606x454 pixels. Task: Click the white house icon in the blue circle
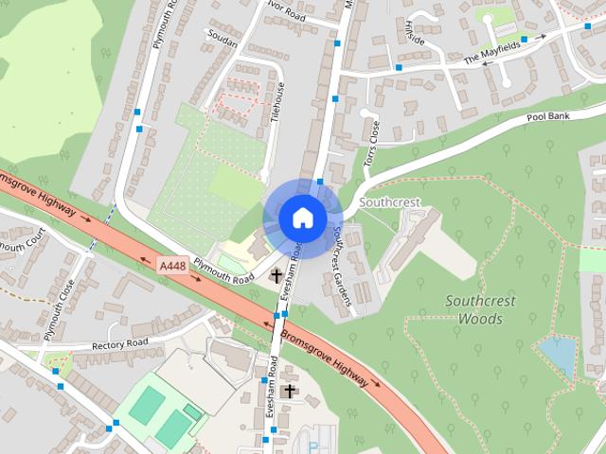[x=302, y=218]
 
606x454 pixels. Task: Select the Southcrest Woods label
[x=480, y=310]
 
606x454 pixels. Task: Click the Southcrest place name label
[x=388, y=203]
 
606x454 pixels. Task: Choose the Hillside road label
[x=415, y=34]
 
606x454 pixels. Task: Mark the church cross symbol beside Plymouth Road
[x=276, y=277]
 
